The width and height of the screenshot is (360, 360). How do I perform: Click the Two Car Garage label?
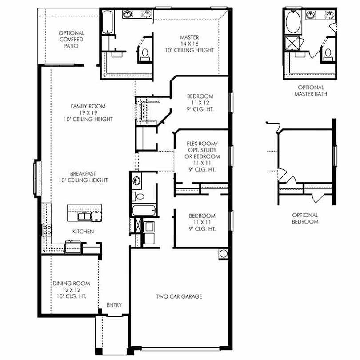point(179,296)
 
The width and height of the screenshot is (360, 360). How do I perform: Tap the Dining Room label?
point(72,290)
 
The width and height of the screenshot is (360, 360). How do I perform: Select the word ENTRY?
point(114,305)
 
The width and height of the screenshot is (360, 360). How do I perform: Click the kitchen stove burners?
point(47,230)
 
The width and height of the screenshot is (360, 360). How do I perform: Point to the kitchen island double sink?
point(84,216)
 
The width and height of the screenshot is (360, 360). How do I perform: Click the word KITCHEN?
point(83,232)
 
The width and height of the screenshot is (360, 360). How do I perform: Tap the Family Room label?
point(88,113)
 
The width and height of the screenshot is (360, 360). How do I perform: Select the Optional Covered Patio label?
point(72,40)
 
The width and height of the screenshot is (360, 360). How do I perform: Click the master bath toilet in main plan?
point(145,55)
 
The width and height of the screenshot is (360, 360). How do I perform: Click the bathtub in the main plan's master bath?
point(108,22)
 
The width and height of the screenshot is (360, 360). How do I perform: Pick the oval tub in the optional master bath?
point(293,22)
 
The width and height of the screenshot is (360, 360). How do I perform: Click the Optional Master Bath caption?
point(311,91)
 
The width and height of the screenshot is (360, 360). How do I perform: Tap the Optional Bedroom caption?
point(305,218)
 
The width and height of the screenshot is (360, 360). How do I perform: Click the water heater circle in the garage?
point(224,254)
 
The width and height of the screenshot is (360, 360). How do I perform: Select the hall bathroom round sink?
point(136,181)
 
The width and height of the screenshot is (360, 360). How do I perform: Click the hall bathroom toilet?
point(138,196)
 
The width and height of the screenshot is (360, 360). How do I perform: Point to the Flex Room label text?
point(202,156)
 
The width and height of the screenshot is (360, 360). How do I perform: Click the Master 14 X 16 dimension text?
point(189,44)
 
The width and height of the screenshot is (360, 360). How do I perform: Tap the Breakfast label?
point(83,177)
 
